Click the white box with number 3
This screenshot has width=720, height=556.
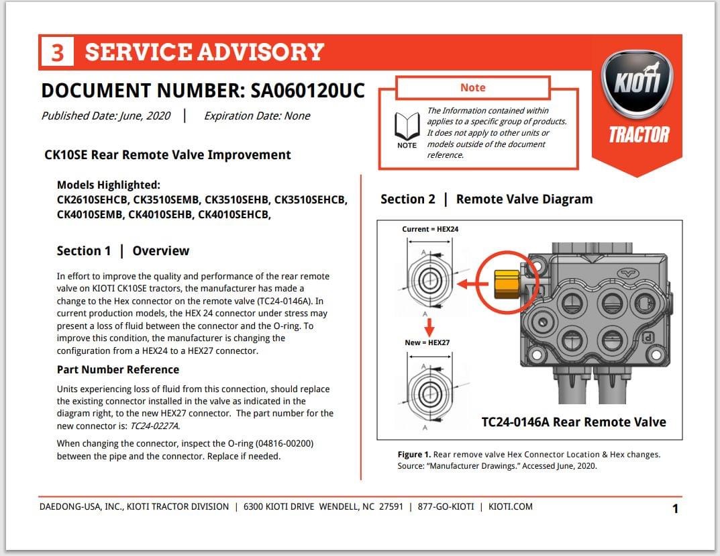(x=57, y=52)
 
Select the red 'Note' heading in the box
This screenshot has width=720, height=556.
(x=472, y=88)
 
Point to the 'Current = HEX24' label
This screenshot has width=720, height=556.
(x=430, y=229)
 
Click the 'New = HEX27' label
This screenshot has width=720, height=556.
(x=427, y=342)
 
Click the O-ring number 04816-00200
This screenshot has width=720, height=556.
(x=280, y=444)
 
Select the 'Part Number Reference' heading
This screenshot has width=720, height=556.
(x=118, y=369)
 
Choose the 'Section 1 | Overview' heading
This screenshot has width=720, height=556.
(x=123, y=250)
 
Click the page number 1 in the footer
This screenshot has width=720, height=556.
(x=675, y=508)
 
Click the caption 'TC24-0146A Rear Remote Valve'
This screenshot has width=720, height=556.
(x=574, y=422)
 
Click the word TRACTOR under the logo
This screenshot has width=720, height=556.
(x=639, y=135)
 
